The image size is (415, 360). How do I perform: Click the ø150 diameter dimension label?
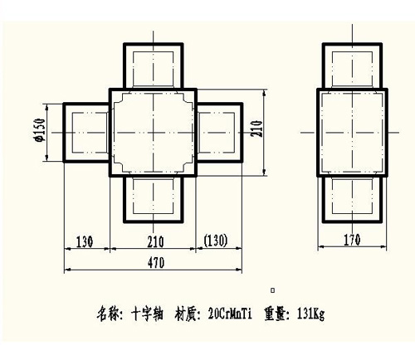pyautogui.click(x=41, y=129)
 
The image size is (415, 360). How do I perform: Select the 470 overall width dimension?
pyautogui.click(x=156, y=263)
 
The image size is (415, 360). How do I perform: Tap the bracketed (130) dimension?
pyautogui.click(x=216, y=241)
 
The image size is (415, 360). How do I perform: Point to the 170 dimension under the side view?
pyautogui.click(x=352, y=240)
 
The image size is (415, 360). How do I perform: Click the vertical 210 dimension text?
pyautogui.click(x=256, y=128)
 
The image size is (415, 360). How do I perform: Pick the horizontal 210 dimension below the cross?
pyautogui.click(x=155, y=241)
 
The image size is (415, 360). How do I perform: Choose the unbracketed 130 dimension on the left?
pyautogui.click(x=85, y=241)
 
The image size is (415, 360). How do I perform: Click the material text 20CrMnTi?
pyautogui.click(x=230, y=314)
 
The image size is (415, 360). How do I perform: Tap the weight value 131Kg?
pyautogui.click(x=310, y=314)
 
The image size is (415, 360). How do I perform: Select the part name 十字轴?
pyautogui.click(x=147, y=314)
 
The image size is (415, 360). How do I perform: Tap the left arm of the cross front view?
pyautogui.click(x=64, y=133)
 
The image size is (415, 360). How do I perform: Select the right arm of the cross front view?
pyautogui.click(x=242, y=133)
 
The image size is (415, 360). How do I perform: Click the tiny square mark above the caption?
pyautogui.click(x=273, y=290)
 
